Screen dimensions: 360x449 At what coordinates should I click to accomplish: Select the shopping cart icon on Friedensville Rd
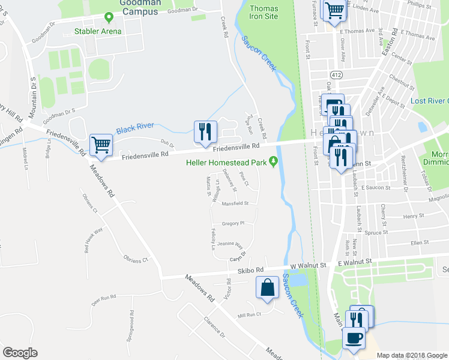[x=100, y=145]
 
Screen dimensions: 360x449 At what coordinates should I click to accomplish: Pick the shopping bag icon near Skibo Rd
[x=267, y=287]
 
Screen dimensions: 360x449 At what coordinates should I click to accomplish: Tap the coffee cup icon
[x=354, y=338]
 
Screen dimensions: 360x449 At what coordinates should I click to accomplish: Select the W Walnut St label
[x=307, y=264]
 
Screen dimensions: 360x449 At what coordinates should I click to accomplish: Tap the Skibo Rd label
[x=252, y=270]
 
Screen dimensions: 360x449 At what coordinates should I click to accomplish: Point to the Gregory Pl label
[x=233, y=223]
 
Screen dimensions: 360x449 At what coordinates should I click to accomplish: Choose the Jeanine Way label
[x=230, y=245]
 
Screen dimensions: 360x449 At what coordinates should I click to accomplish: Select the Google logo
[x=20, y=353]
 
